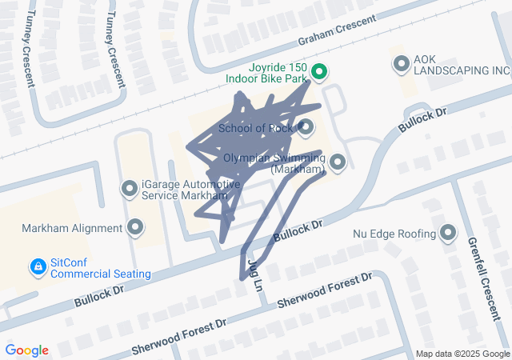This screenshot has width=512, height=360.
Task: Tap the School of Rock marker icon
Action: tap(306, 127)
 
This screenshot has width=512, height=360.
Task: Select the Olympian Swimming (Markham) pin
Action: tap(338, 162)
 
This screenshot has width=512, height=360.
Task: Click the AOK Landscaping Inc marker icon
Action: tap(400, 64)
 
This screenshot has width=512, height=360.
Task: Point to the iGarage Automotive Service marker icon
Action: tap(129, 189)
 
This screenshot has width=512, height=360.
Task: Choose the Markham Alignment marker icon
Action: tap(135, 228)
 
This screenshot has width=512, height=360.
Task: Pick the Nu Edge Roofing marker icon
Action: tap(447, 234)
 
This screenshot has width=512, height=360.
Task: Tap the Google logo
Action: tap(27, 350)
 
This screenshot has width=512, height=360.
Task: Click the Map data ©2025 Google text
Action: tap(462, 354)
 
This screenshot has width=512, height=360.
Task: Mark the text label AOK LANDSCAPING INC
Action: tap(461, 64)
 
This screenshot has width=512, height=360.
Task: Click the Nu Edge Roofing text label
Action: tap(394, 234)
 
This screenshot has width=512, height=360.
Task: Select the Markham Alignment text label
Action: tap(72, 228)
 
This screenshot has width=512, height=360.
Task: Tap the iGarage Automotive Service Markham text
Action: tap(190, 190)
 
